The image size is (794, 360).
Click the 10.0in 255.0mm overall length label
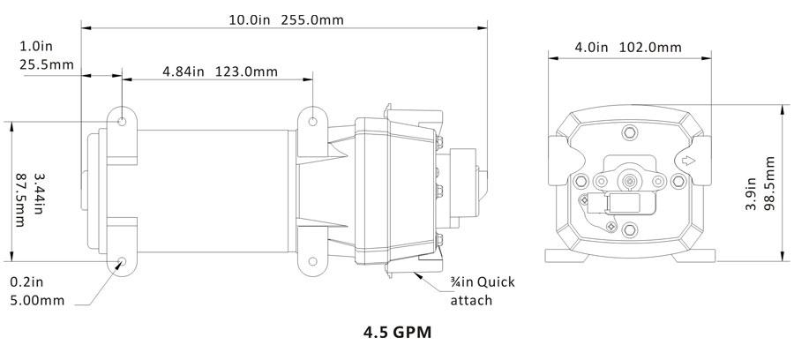(x=286, y=19)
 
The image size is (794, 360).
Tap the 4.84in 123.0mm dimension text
(x=221, y=71)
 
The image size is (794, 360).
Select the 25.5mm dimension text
(x=47, y=64)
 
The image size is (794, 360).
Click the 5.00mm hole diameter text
(x=37, y=300)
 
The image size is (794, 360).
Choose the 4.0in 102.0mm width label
(x=628, y=48)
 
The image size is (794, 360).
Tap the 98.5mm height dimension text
(x=768, y=184)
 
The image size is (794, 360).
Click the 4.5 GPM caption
(x=398, y=332)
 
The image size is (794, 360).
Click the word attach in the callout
(x=471, y=300)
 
